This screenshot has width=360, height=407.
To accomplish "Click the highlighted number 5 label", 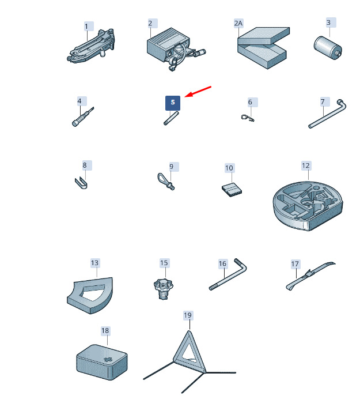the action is click(x=173, y=103).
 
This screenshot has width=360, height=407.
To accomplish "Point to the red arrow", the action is click(x=198, y=92).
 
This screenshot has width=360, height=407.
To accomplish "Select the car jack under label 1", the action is click(x=90, y=47).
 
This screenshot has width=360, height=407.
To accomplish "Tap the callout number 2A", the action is click(x=238, y=24).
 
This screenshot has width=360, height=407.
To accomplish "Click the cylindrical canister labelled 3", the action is click(x=328, y=48).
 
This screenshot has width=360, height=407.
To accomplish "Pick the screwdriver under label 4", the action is click(x=83, y=117).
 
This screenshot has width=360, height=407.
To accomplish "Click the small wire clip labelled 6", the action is click(x=248, y=118).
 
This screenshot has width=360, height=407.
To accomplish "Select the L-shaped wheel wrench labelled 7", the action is click(x=327, y=114).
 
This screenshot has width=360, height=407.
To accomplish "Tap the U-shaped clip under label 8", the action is click(x=81, y=183).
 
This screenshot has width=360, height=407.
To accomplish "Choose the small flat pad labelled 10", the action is click(x=232, y=190).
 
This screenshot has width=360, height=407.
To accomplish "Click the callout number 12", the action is click(x=306, y=165).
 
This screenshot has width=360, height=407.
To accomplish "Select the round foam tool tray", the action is click(x=308, y=206).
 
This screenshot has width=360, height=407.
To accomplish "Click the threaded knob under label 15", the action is click(x=164, y=289).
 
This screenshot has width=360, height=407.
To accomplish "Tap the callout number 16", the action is click(x=222, y=263).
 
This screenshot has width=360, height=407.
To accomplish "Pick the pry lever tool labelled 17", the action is click(x=310, y=276).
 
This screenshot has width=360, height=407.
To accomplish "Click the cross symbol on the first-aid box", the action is click(x=107, y=360).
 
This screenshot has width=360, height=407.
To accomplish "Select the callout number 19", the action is click(x=188, y=315).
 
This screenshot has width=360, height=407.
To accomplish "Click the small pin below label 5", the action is click(x=171, y=118).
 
